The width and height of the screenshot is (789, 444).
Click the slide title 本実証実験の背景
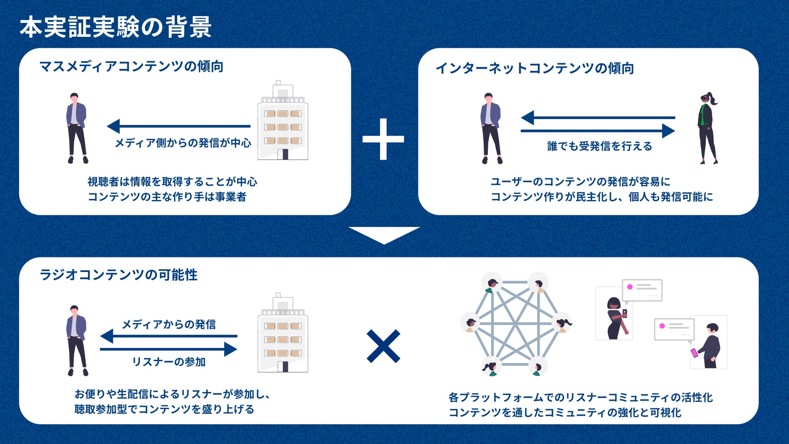[115, 27]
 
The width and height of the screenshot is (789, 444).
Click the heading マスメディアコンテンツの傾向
[131, 66]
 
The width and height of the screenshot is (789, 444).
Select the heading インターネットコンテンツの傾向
[534, 68]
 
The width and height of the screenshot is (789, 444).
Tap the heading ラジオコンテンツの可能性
[118, 275]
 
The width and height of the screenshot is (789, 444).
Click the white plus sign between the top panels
[383, 139]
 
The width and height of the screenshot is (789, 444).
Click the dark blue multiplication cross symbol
[383, 346]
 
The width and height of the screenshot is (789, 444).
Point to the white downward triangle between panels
[384, 234]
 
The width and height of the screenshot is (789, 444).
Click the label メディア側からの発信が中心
[183, 143]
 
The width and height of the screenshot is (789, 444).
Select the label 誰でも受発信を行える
[600, 146]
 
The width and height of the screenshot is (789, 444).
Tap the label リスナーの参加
[169, 362]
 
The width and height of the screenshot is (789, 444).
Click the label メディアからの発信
[169, 324]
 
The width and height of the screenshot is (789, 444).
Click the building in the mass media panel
[283, 121]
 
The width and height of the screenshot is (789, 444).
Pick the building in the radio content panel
[283, 334]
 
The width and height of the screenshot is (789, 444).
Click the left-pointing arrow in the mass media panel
[178, 126]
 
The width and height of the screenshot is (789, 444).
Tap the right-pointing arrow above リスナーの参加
[168, 349]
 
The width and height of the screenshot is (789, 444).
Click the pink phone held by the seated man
[695, 353]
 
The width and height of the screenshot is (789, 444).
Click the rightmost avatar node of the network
[562, 323]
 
